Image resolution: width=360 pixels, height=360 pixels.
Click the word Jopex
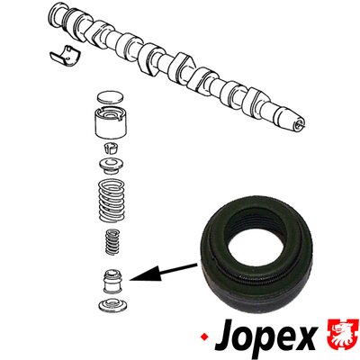tap(265, 337)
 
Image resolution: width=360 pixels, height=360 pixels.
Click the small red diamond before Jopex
tap(205, 337)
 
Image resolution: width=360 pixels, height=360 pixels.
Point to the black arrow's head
tap(142, 275)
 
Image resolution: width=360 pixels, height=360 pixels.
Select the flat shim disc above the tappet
tap(111, 96)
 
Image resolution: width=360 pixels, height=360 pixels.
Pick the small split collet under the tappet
tap(111, 148)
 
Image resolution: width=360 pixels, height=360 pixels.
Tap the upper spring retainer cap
tap(112, 166)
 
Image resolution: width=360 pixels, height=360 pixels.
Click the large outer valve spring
tap(112, 200)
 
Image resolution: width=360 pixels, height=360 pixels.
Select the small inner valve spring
tap(112, 241)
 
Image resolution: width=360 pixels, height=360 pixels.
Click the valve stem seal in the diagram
tap(112, 282)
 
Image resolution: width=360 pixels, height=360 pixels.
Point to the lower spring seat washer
tap(112, 305)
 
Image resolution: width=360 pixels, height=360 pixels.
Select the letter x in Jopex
tap(305, 337)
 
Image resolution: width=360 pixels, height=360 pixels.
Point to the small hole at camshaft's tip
tap(298, 124)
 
